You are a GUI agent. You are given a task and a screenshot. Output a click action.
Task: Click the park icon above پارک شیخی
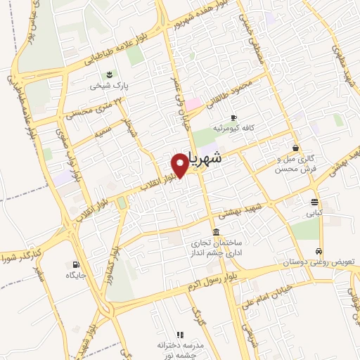(x=109, y=74)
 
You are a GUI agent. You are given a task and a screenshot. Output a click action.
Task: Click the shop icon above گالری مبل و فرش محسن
(x=294, y=148)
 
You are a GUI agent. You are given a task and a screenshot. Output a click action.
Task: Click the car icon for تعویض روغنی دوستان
(x=319, y=251)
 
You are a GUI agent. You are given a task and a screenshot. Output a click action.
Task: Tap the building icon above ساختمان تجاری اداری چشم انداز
(x=215, y=233)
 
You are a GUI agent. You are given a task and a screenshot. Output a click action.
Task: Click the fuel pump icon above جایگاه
(x=75, y=264)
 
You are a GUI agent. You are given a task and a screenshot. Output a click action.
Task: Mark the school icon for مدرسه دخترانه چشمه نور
(x=179, y=335)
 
